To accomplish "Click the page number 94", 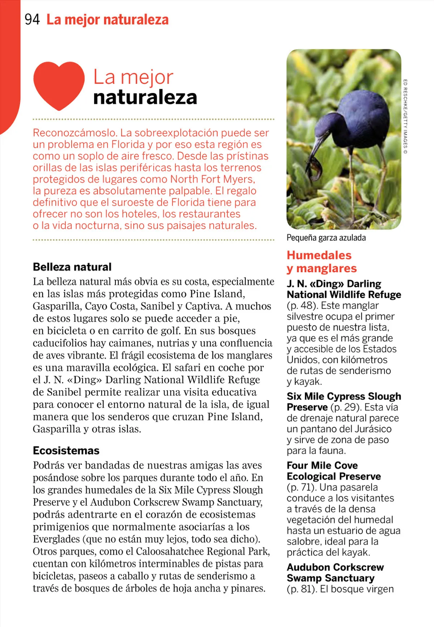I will point(32,19).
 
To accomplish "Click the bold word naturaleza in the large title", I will point(145,97).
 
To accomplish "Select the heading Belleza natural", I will point(72,267).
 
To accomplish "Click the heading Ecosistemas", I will point(66,450).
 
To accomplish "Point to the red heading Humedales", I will point(319,255).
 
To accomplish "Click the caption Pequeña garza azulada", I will point(326,238).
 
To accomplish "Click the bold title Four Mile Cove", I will point(322,465).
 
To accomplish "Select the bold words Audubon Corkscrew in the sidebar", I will point(335,567).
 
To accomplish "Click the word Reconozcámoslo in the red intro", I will point(75,133).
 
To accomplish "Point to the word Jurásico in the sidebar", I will point(373,429).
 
